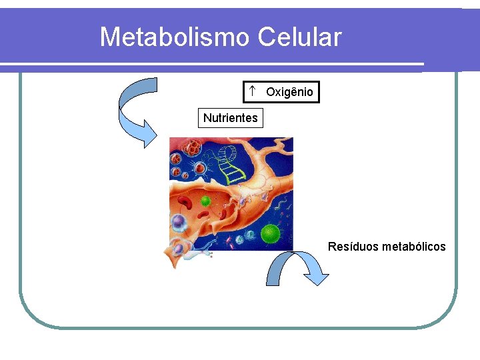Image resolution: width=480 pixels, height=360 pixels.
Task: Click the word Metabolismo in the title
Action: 175,37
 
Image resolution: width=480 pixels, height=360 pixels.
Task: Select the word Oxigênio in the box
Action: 289,92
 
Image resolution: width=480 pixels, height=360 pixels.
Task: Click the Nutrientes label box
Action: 230,118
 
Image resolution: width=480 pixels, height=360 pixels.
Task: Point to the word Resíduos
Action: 353,247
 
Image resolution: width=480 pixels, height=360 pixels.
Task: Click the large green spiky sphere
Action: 270,233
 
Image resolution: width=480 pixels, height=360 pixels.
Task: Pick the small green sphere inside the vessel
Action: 206,200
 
